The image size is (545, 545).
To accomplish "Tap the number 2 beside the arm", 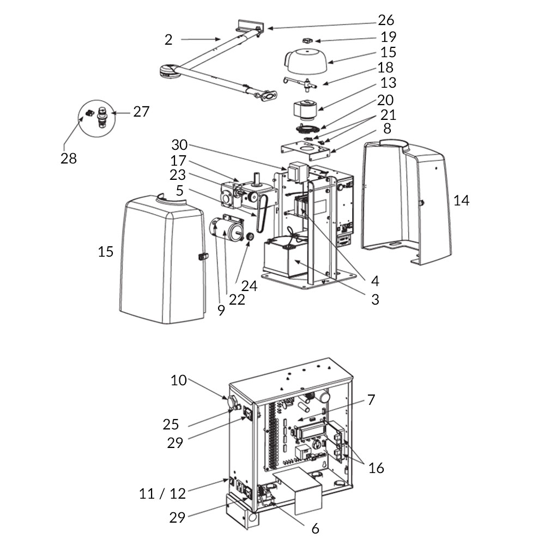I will coord(168,39).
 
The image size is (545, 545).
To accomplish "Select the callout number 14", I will coord(461,201).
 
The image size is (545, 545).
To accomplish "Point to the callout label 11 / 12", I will coord(162,494).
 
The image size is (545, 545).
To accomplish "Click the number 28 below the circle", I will coord(69,159).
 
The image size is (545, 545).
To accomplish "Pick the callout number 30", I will coord(179,146).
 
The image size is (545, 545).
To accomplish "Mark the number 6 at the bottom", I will coord(315,528).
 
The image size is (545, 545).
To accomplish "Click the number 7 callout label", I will coord(371,399).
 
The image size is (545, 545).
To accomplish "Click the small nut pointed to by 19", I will coord(308,40).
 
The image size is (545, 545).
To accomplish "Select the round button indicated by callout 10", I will coord(233,403).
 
